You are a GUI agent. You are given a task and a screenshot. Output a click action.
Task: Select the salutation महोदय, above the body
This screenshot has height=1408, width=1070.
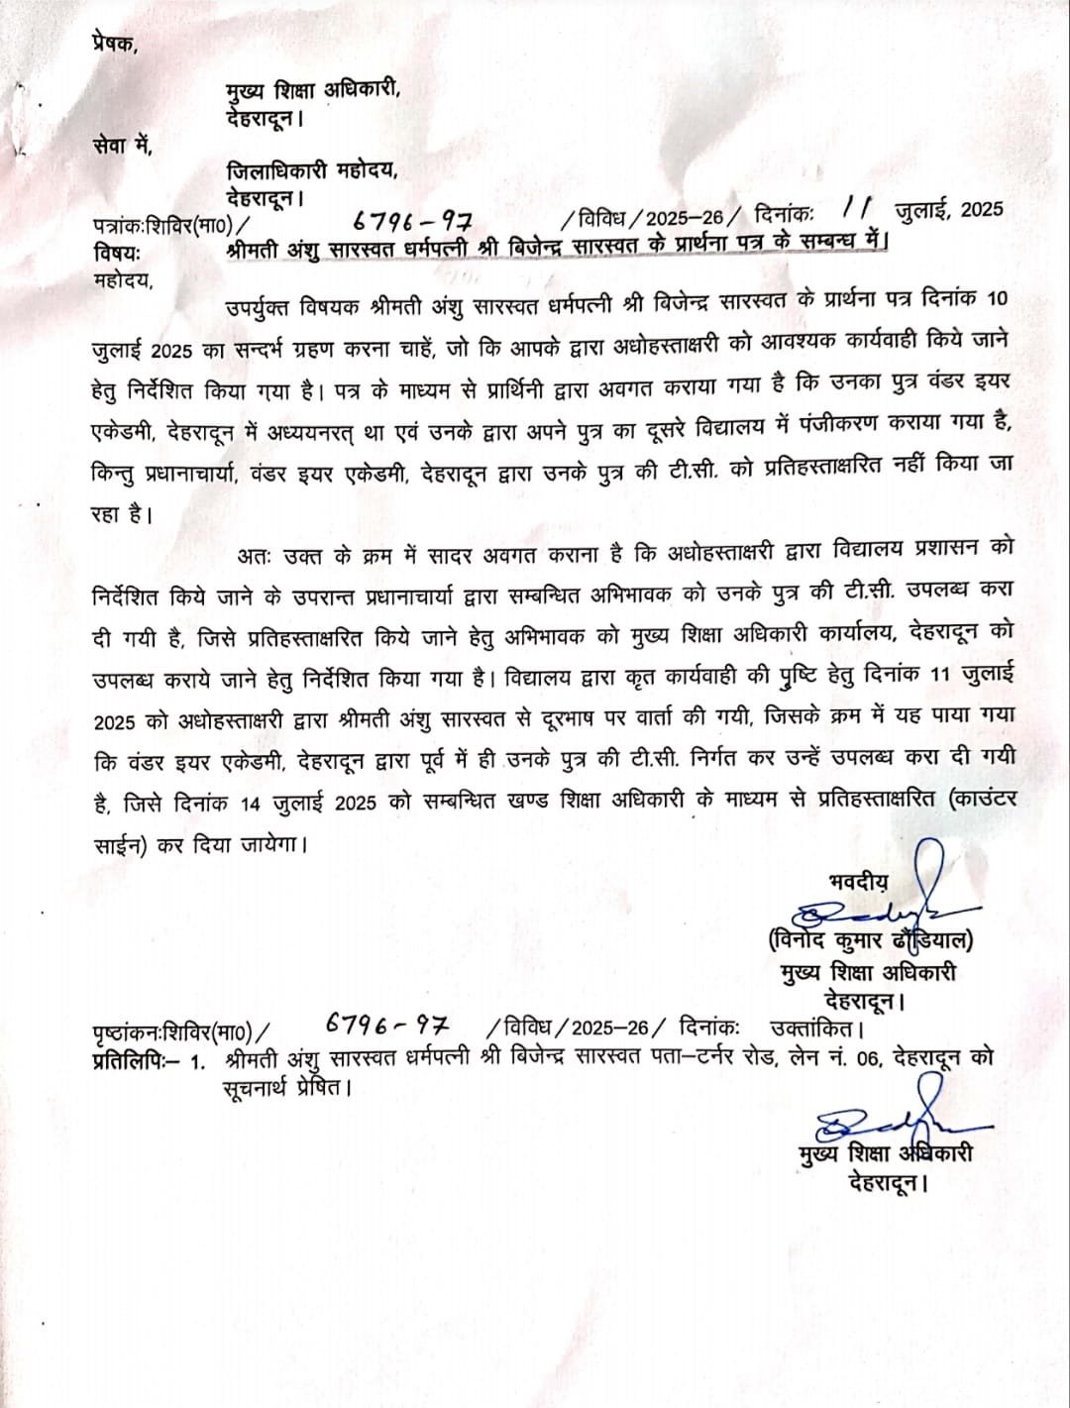[124, 279]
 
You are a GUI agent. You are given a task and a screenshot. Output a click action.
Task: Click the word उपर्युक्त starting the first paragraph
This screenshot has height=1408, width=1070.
[264, 302]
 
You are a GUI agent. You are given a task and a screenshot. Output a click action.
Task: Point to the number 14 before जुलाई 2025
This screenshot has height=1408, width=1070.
[251, 803]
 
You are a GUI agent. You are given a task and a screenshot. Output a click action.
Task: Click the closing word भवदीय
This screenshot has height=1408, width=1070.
[859, 880]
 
